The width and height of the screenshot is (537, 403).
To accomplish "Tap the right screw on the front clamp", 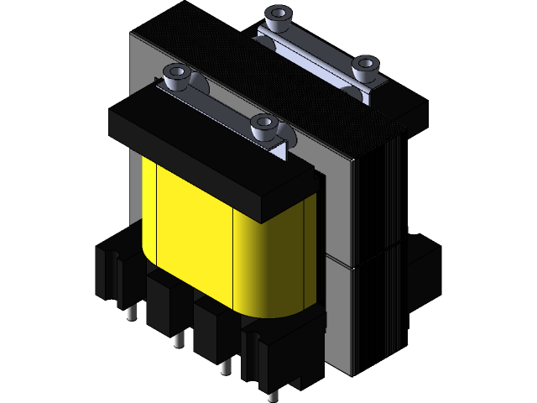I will tap(263, 128).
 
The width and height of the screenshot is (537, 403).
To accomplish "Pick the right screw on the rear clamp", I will tap(364, 68).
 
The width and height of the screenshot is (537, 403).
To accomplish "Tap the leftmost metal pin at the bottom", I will tap(132, 313).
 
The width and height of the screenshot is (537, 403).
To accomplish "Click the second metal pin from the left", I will tap(178, 340).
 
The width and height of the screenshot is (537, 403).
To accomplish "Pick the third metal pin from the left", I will tap(225, 367).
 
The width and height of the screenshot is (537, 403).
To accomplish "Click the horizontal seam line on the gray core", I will tap(340, 261).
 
